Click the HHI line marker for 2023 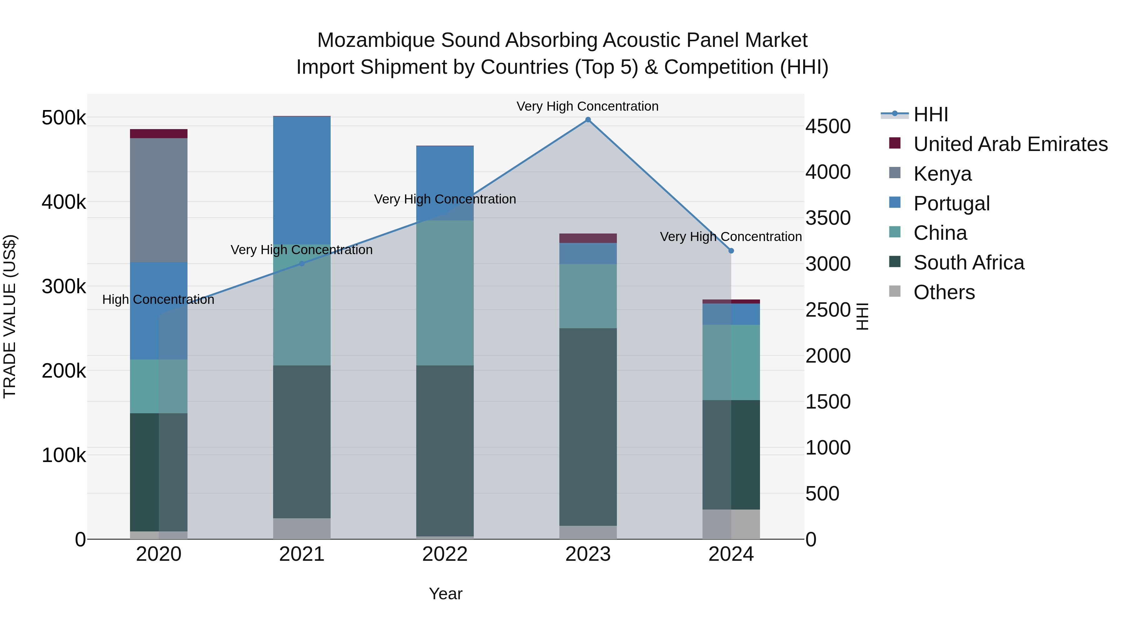pos(588,120)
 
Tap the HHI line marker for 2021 pos(301,264)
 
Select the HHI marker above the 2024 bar pos(731,251)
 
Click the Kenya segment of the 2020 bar pos(158,200)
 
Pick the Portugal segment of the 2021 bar pos(301,180)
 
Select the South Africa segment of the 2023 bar pos(588,427)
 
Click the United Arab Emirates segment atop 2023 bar pos(588,238)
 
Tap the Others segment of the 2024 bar pos(731,524)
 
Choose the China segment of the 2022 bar pos(445,293)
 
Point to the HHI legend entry pos(930,114)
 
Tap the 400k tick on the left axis pos(64,202)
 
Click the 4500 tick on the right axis pos(827,126)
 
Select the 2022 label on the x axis pos(445,554)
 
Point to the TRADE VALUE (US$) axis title pos(10,316)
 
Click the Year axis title pos(445,594)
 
